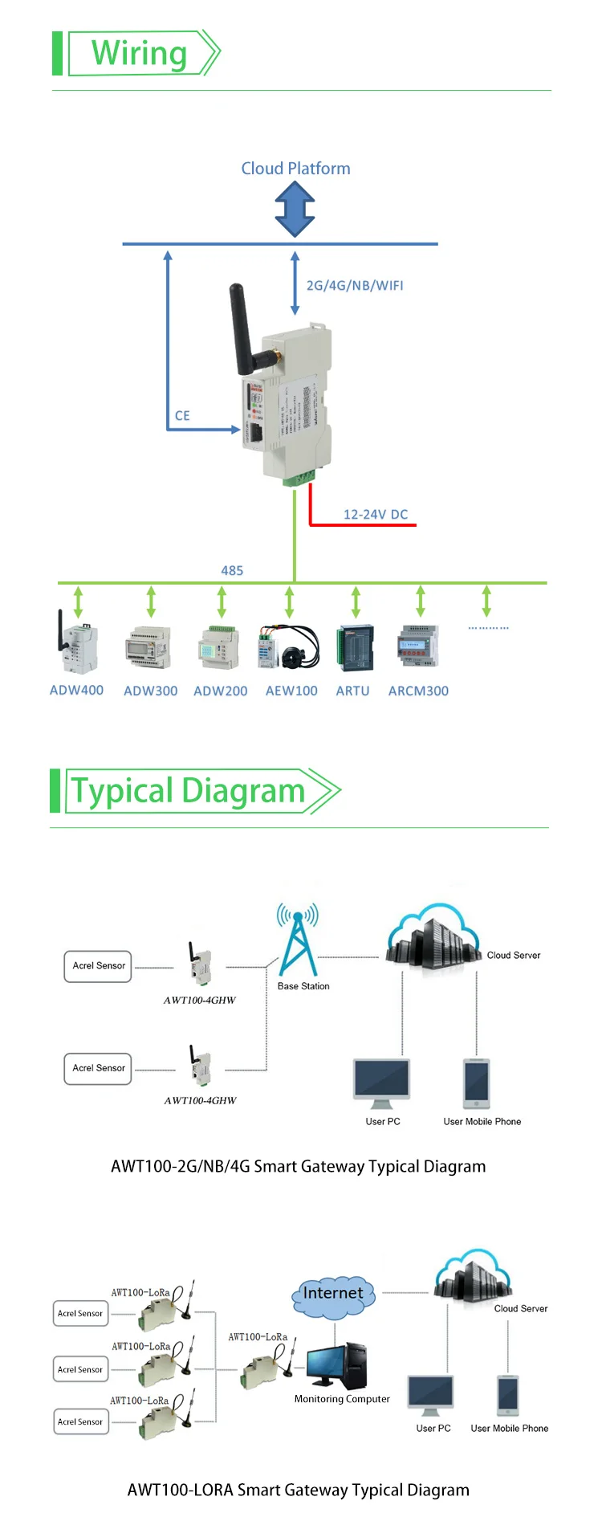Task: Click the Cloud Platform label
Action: (295, 169)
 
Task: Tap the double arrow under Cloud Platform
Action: (295, 209)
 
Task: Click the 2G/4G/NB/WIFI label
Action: (355, 286)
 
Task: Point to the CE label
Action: (182, 416)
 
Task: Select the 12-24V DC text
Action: (376, 515)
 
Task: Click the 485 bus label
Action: (232, 571)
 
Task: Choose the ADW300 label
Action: (151, 691)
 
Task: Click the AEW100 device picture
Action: (289, 647)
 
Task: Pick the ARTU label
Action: (353, 691)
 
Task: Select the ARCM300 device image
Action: (418, 646)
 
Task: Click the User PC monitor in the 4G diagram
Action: (382, 1081)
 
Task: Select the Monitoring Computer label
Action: (342, 1399)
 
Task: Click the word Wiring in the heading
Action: (139, 54)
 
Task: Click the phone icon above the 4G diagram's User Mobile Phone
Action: (477, 1083)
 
